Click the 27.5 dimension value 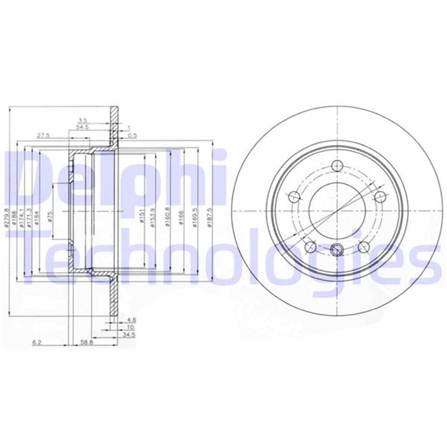pos(43,136)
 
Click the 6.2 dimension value pos(37,343)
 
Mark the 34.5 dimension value pos(130,335)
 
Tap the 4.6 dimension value pos(130,320)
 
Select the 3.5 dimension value pos(82,120)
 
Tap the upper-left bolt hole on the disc pos(294,196)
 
